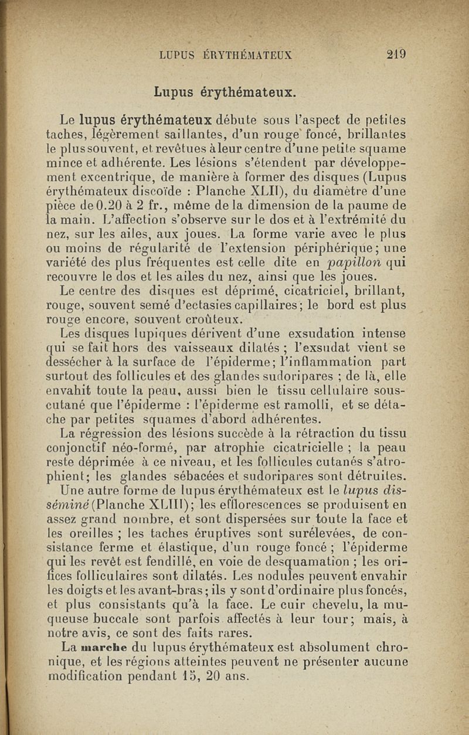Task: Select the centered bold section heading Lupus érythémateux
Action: coord(225,92)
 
